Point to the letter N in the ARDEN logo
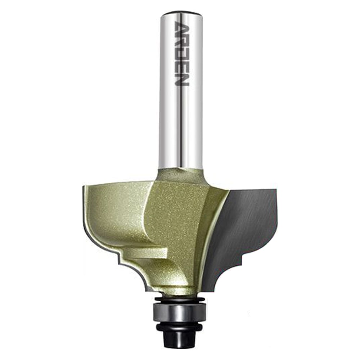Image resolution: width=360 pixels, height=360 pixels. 182,80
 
